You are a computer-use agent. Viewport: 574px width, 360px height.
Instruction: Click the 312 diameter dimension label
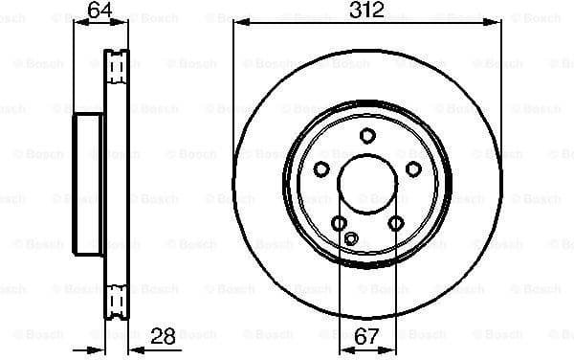[x=366, y=11]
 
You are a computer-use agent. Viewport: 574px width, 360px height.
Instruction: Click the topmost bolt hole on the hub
[x=366, y=136]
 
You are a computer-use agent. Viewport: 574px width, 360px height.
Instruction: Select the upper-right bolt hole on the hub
[x=413, y=169]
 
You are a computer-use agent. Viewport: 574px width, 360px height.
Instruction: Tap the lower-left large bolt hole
[x=338, y=224]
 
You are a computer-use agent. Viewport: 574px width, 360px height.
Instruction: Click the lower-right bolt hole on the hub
[x=395, y=224]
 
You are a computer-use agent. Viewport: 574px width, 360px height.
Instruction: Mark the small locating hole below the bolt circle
[x=350, y=239]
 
